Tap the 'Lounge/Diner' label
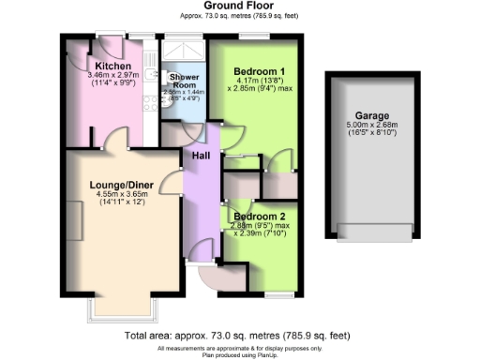pyautogui.click(x=118, y=186)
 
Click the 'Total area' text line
pyautogui.click(x=237, y=336)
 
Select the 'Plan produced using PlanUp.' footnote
pyautogui.click(x=240, y=355)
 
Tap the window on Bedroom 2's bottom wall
pyautogui.click(x=278, y=294)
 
